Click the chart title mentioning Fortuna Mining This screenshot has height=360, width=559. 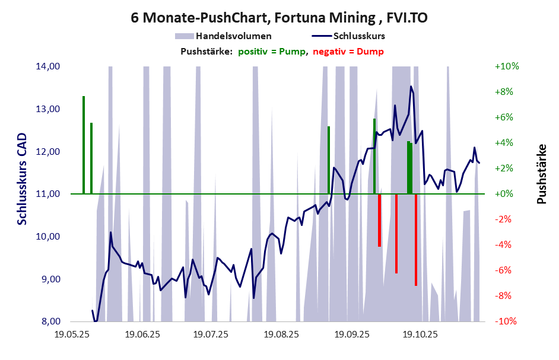279,18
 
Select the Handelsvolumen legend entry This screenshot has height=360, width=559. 234,36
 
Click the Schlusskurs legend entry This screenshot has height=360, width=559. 363,36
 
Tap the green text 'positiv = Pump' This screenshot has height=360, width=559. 273,52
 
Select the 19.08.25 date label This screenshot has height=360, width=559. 281,335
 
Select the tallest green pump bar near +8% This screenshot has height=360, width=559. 84,145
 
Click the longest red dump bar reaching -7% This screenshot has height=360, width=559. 416,240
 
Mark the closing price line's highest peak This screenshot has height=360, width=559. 411,87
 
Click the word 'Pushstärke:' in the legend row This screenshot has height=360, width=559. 206,52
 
